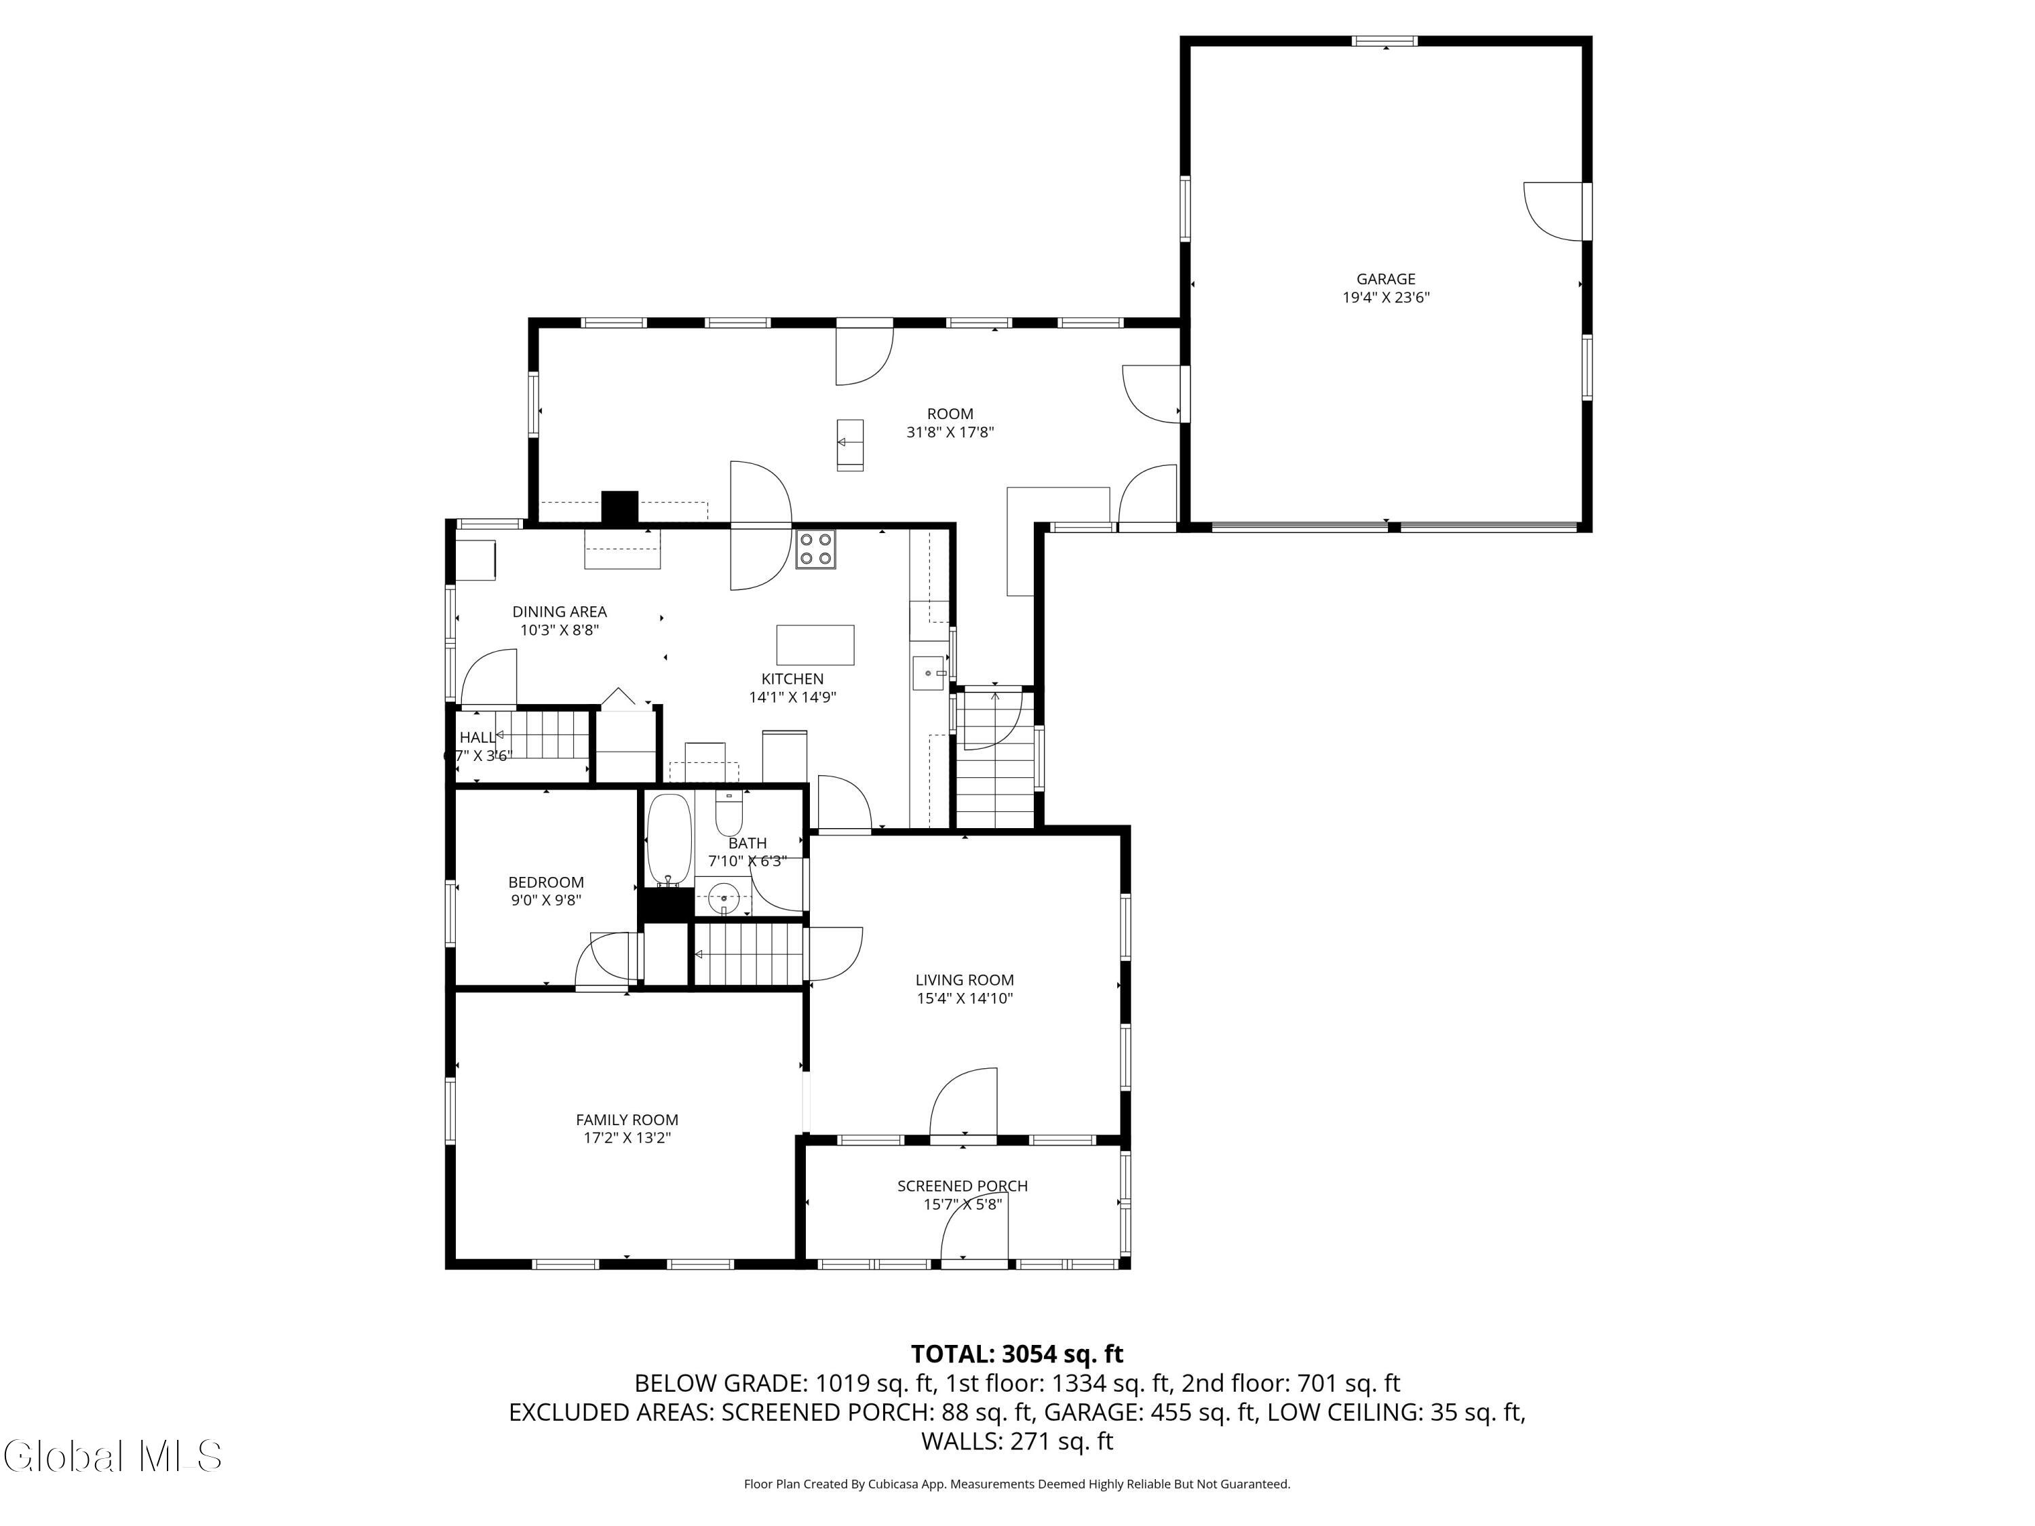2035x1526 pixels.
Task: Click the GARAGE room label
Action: coord(1384,279)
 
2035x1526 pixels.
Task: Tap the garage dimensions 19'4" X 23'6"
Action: coord(1384,297)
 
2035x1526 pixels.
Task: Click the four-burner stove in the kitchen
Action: coord(815,549)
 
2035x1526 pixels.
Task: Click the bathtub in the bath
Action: coord(669,838)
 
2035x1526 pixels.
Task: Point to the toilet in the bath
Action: coord(729,813)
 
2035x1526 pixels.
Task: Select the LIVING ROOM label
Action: coord(964,979)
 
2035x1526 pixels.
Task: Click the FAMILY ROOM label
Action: coord(627,1120)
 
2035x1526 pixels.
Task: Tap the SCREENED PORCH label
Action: coord(963,1186)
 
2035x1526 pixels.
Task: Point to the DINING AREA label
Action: coord(560,612)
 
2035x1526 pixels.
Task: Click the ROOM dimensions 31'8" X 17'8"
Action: coord(950,432)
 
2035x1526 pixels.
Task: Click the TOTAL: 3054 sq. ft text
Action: coord(1017,1354)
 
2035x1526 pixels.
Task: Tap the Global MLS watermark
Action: coord(112,1456)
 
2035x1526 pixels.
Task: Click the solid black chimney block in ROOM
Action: coord(619,508)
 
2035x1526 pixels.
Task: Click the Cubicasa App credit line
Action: coord(1017,1484)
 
